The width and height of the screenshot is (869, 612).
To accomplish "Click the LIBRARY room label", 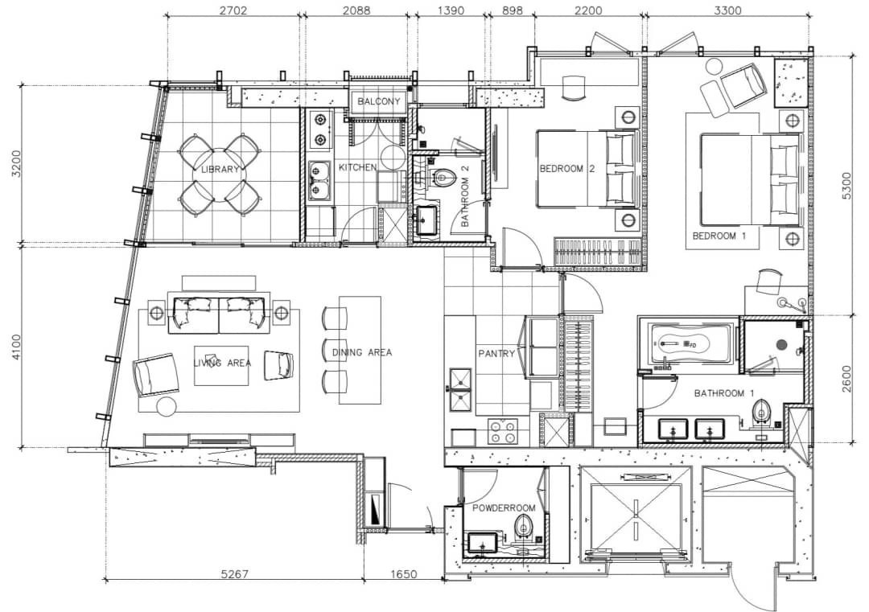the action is click(220, 170).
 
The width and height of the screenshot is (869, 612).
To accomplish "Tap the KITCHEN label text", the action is click(357, 166).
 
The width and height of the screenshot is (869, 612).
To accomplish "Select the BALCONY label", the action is click(378, 101).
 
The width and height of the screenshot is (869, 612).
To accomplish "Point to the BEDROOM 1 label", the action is click(719, 236).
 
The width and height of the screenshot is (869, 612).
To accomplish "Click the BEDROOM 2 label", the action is click(567, 168).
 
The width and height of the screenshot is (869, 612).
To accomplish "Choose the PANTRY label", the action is click(496, 353).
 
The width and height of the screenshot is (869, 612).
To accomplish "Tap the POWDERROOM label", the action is click(504, 508).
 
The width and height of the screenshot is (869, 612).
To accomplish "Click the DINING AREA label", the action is click(362, 352).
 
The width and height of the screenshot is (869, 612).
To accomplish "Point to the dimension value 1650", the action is click(403, 574).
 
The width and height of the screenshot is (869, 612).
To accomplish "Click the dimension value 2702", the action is click(233, 10).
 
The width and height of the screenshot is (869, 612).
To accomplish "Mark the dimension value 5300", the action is click(845, 187).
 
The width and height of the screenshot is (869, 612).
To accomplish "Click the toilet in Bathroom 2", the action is click(443, 177).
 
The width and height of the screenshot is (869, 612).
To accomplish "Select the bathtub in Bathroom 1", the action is click(686, 344).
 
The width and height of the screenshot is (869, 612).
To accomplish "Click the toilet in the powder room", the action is click(522, 525).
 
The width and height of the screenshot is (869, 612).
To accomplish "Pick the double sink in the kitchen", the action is click(319, 181).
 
